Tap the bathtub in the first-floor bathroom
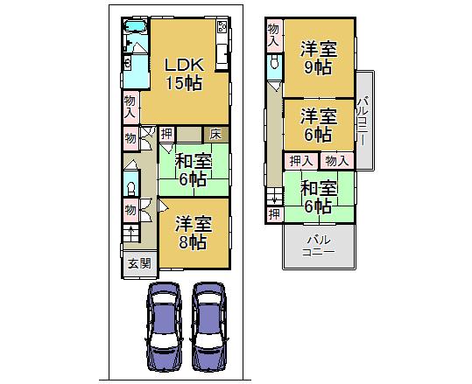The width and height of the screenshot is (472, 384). pyautogui.click(x=137, y=38)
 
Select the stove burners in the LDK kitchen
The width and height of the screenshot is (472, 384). pyautogui.click(x=221, y=31)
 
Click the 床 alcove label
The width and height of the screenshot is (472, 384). pyautogui.click(x=215, y=134)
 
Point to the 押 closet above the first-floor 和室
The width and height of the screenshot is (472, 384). pyautogui.click(x=166, y=134)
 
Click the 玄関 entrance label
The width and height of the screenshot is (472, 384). pyautogui.click(x=137, y=263)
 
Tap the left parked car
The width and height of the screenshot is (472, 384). pyautogui.click(x=165, y=328)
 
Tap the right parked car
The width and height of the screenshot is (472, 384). pyautogui.click(x=209, y=328)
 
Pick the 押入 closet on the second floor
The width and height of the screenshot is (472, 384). pyautogui.click(x=299, y=160)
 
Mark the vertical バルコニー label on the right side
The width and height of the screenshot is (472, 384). pyautogui.click(x=363, y=120)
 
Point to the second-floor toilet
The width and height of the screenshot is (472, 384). pyautogui.click(x=275, y=63)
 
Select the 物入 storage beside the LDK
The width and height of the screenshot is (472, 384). pyautogui.click(x=130, y=106)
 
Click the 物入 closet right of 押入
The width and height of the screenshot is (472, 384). pyautogui.click(x=336, y=160)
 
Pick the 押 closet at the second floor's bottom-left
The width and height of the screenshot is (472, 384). pyautogui.click(x=274, y=214)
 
